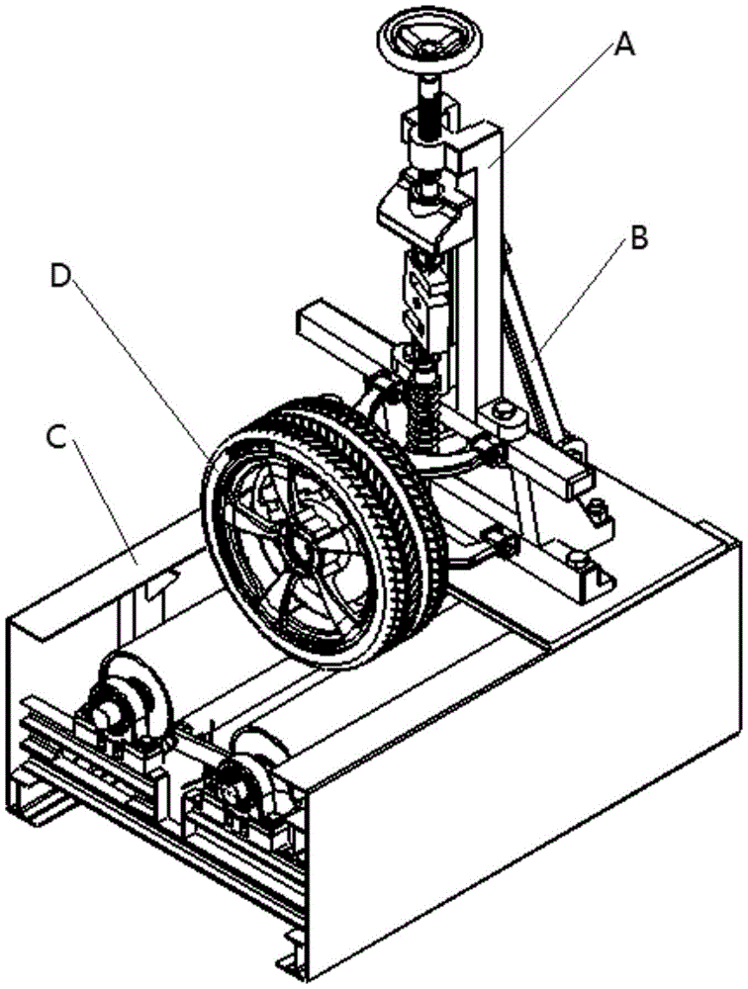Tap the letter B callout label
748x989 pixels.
pyautogui.click(x=639, y=239)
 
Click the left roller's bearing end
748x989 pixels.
pyautogui.click(x=106, y=710)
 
